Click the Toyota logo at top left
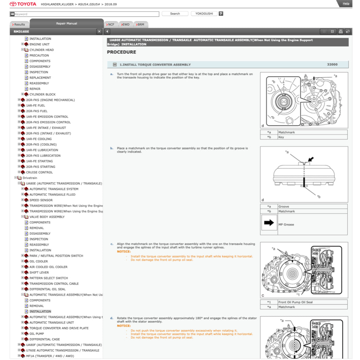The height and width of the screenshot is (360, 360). pyautogui.click(x=22, y=4)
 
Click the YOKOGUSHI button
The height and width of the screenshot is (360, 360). pyautogui.click(x=204, y=14)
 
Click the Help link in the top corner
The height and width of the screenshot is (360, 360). pyautogui.click(x=346, y=4)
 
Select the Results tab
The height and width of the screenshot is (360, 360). pyautogui.click(x=19, y=25)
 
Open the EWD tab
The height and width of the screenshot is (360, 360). pyautogui.click(x=126, y=25)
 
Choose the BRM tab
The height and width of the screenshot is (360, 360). pyautogui.click(x=141, y=25)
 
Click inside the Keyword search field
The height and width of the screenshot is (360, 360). pyautogui.click(x=84, y=14)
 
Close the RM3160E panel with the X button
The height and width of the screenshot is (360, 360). pyautogui.click(x=99, y=32)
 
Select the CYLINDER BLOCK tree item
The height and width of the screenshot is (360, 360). pyautogui.click(x=43, y=94)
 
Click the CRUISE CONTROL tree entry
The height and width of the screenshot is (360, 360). pyautogui.click(x=39, y=172)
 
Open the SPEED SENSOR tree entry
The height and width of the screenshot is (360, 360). pyautogui.click(x=41, y=200)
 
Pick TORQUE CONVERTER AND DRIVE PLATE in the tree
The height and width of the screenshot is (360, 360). pyautogui.click(x=59, y=328)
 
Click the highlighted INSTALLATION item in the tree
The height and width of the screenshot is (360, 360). pyautogui.click(x=40, y=311)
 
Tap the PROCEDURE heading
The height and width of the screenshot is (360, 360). pyautogui.click(x=121, y=52)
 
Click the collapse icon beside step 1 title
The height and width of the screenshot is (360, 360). pyautogui.click(x=115, y=65)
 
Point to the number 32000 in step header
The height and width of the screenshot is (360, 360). pyautogui.click(x=332, y=65)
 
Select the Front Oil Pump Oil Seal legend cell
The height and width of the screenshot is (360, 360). pyautogui.click(x=295, y=302)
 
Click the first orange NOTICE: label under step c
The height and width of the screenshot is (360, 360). pyautogui.click(x=124, y=252)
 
